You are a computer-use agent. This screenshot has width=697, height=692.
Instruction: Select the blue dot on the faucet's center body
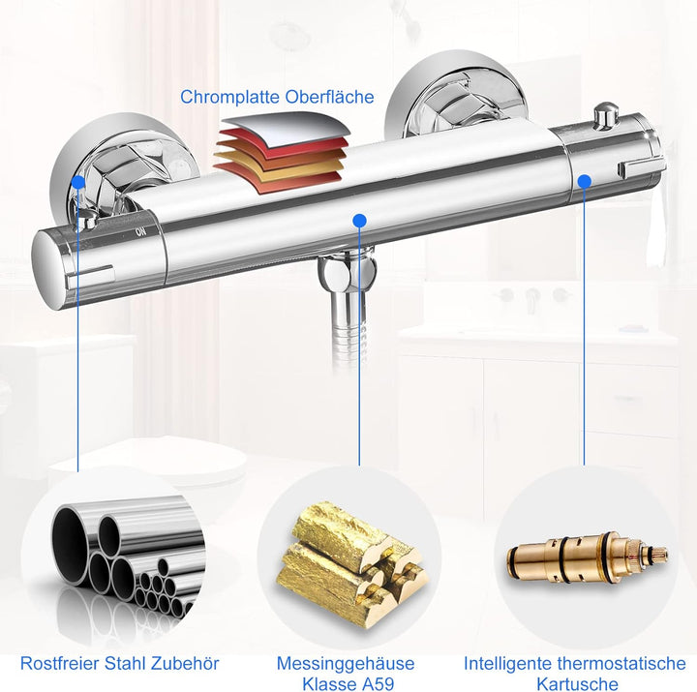point(359,221)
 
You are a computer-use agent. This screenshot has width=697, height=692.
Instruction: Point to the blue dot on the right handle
point(585,180)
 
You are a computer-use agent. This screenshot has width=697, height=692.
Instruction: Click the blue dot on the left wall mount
point(76,180)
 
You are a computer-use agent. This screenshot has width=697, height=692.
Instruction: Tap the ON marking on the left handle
point(141,231)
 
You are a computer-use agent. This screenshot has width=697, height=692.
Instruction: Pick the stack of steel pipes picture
point(121,561)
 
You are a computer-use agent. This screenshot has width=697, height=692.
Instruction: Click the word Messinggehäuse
point(345,663)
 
